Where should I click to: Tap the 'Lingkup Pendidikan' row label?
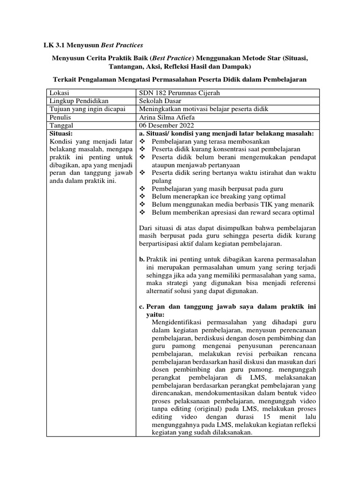click(79, 101)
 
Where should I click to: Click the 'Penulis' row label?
click(61, 118)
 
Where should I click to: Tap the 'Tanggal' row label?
click(62, 126)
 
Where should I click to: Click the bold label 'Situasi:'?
click(61, 134)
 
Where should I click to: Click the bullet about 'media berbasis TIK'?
click(232, 204)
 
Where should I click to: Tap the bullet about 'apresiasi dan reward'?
click(232, 212)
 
